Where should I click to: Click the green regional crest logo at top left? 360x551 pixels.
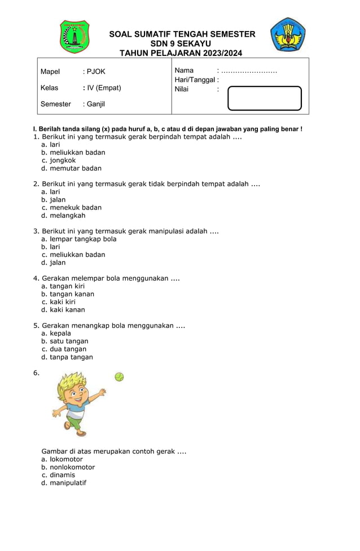pyautogui.click(x=74, y=36)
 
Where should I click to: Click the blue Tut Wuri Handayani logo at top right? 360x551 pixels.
pyautogui.click(x=288, y=35)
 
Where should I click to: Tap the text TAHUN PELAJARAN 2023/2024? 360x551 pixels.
pyautogui.click(x=181, y=53)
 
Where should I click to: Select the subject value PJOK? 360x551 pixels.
pyautogui.click(x=95, y=72)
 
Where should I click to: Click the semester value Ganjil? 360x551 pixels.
pyautogui.click(x=95, y=104)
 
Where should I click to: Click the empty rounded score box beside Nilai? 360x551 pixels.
pyautogui.click(x=265, y=98)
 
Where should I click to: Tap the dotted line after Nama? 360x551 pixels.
pyautogui.click(x=249, y=71)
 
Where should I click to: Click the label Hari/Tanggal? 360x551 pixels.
pyautogui.click(x=196, y=80)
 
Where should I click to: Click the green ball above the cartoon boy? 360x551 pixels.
pyautogui.click(x=119, y=377)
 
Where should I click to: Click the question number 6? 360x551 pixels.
pyautogui.click(x=37, y=373)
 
